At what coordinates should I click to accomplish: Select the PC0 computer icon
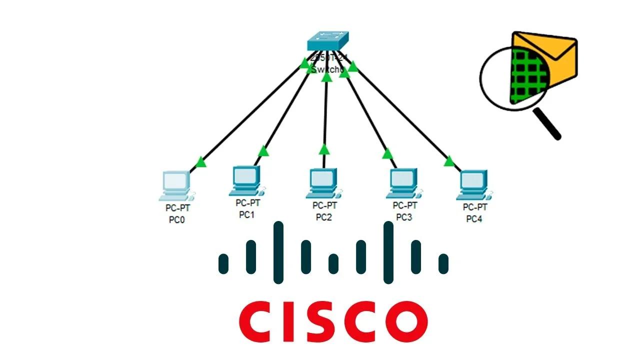point(177,184)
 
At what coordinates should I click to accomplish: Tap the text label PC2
point(324,217)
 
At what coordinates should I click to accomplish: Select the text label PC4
point(474,219)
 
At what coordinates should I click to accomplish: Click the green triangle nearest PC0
point(201,162)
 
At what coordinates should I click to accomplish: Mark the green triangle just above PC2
point(324,149)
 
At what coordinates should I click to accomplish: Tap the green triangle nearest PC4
point(448,161)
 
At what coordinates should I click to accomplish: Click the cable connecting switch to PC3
point(367,115)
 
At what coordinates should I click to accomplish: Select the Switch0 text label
point(328,69)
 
